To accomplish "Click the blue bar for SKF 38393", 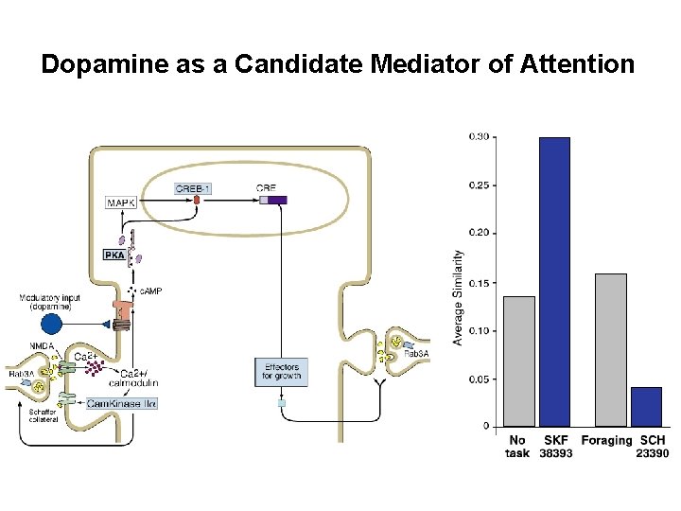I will (554, 282).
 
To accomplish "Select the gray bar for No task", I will (519, 361).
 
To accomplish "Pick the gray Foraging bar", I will (611, 350).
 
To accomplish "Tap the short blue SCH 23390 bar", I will (646, 406).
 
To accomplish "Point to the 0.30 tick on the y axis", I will (480, 136).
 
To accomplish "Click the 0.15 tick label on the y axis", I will (480, 282).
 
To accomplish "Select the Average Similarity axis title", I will (459, 297).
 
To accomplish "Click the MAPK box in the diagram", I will (121, 203).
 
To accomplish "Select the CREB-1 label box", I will (193, 188).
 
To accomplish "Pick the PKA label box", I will (113, 255).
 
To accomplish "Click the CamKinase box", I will (122, 403).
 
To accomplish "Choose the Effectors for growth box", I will (280, 371).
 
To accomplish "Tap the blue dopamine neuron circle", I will (50, 324).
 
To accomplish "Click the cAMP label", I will (150, 291).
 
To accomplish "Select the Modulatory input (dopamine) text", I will (51, 302).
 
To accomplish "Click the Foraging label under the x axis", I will (607, 440).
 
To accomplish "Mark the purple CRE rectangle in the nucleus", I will (278, 200).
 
